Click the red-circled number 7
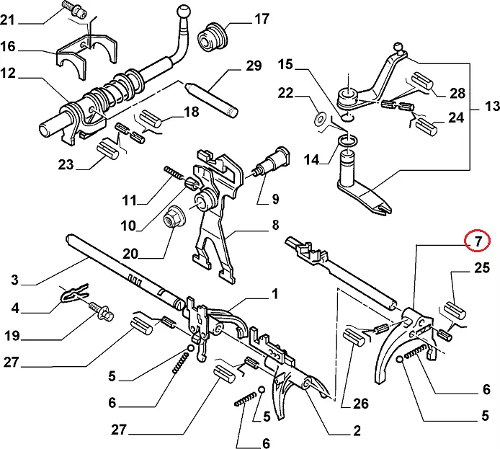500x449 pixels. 478,241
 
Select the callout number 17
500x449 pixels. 262,19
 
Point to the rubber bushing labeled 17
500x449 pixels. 213,36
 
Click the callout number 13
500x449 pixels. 492,106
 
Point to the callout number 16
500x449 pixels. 8,47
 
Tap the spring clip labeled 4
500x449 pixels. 74,293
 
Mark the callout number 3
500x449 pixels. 14,280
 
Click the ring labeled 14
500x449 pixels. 348,141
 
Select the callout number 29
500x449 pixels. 254,66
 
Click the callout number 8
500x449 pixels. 275,225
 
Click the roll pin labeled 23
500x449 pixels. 108,151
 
